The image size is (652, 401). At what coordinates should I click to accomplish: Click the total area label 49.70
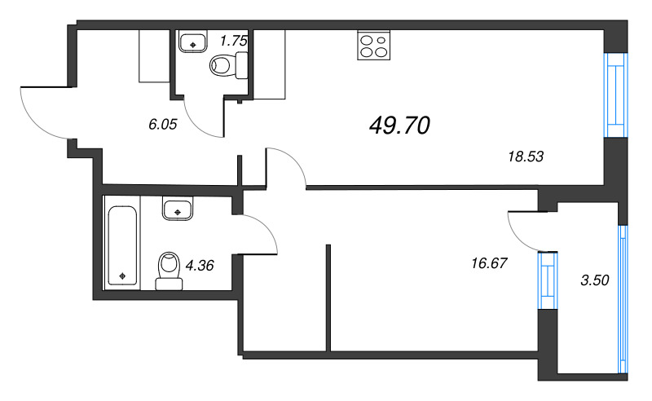click(399, 126)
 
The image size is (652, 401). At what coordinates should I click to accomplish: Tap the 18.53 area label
click(526, 156)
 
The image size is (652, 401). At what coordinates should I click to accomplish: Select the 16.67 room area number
click(490, 263)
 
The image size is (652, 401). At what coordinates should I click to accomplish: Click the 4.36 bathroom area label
click(200, 265)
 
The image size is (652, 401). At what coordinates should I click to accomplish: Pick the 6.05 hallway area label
click(163, 124)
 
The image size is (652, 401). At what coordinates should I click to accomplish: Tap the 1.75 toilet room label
click(234, 41)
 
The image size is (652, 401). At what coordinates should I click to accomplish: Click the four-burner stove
click(373, 45)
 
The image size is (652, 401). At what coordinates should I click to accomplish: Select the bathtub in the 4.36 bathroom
click(122, 246)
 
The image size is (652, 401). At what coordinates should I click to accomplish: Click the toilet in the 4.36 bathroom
click(170, 271)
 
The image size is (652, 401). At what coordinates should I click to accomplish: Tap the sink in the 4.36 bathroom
click(178, 209)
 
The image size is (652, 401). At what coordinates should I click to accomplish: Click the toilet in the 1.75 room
click(229, 65)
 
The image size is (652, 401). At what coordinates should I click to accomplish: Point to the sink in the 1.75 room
click(192, 41)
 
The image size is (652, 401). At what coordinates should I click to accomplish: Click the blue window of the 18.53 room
click(616, 95)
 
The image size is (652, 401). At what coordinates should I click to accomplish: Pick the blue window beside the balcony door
click(547, 280)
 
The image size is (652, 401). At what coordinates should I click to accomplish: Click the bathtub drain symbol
click(122, 275)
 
